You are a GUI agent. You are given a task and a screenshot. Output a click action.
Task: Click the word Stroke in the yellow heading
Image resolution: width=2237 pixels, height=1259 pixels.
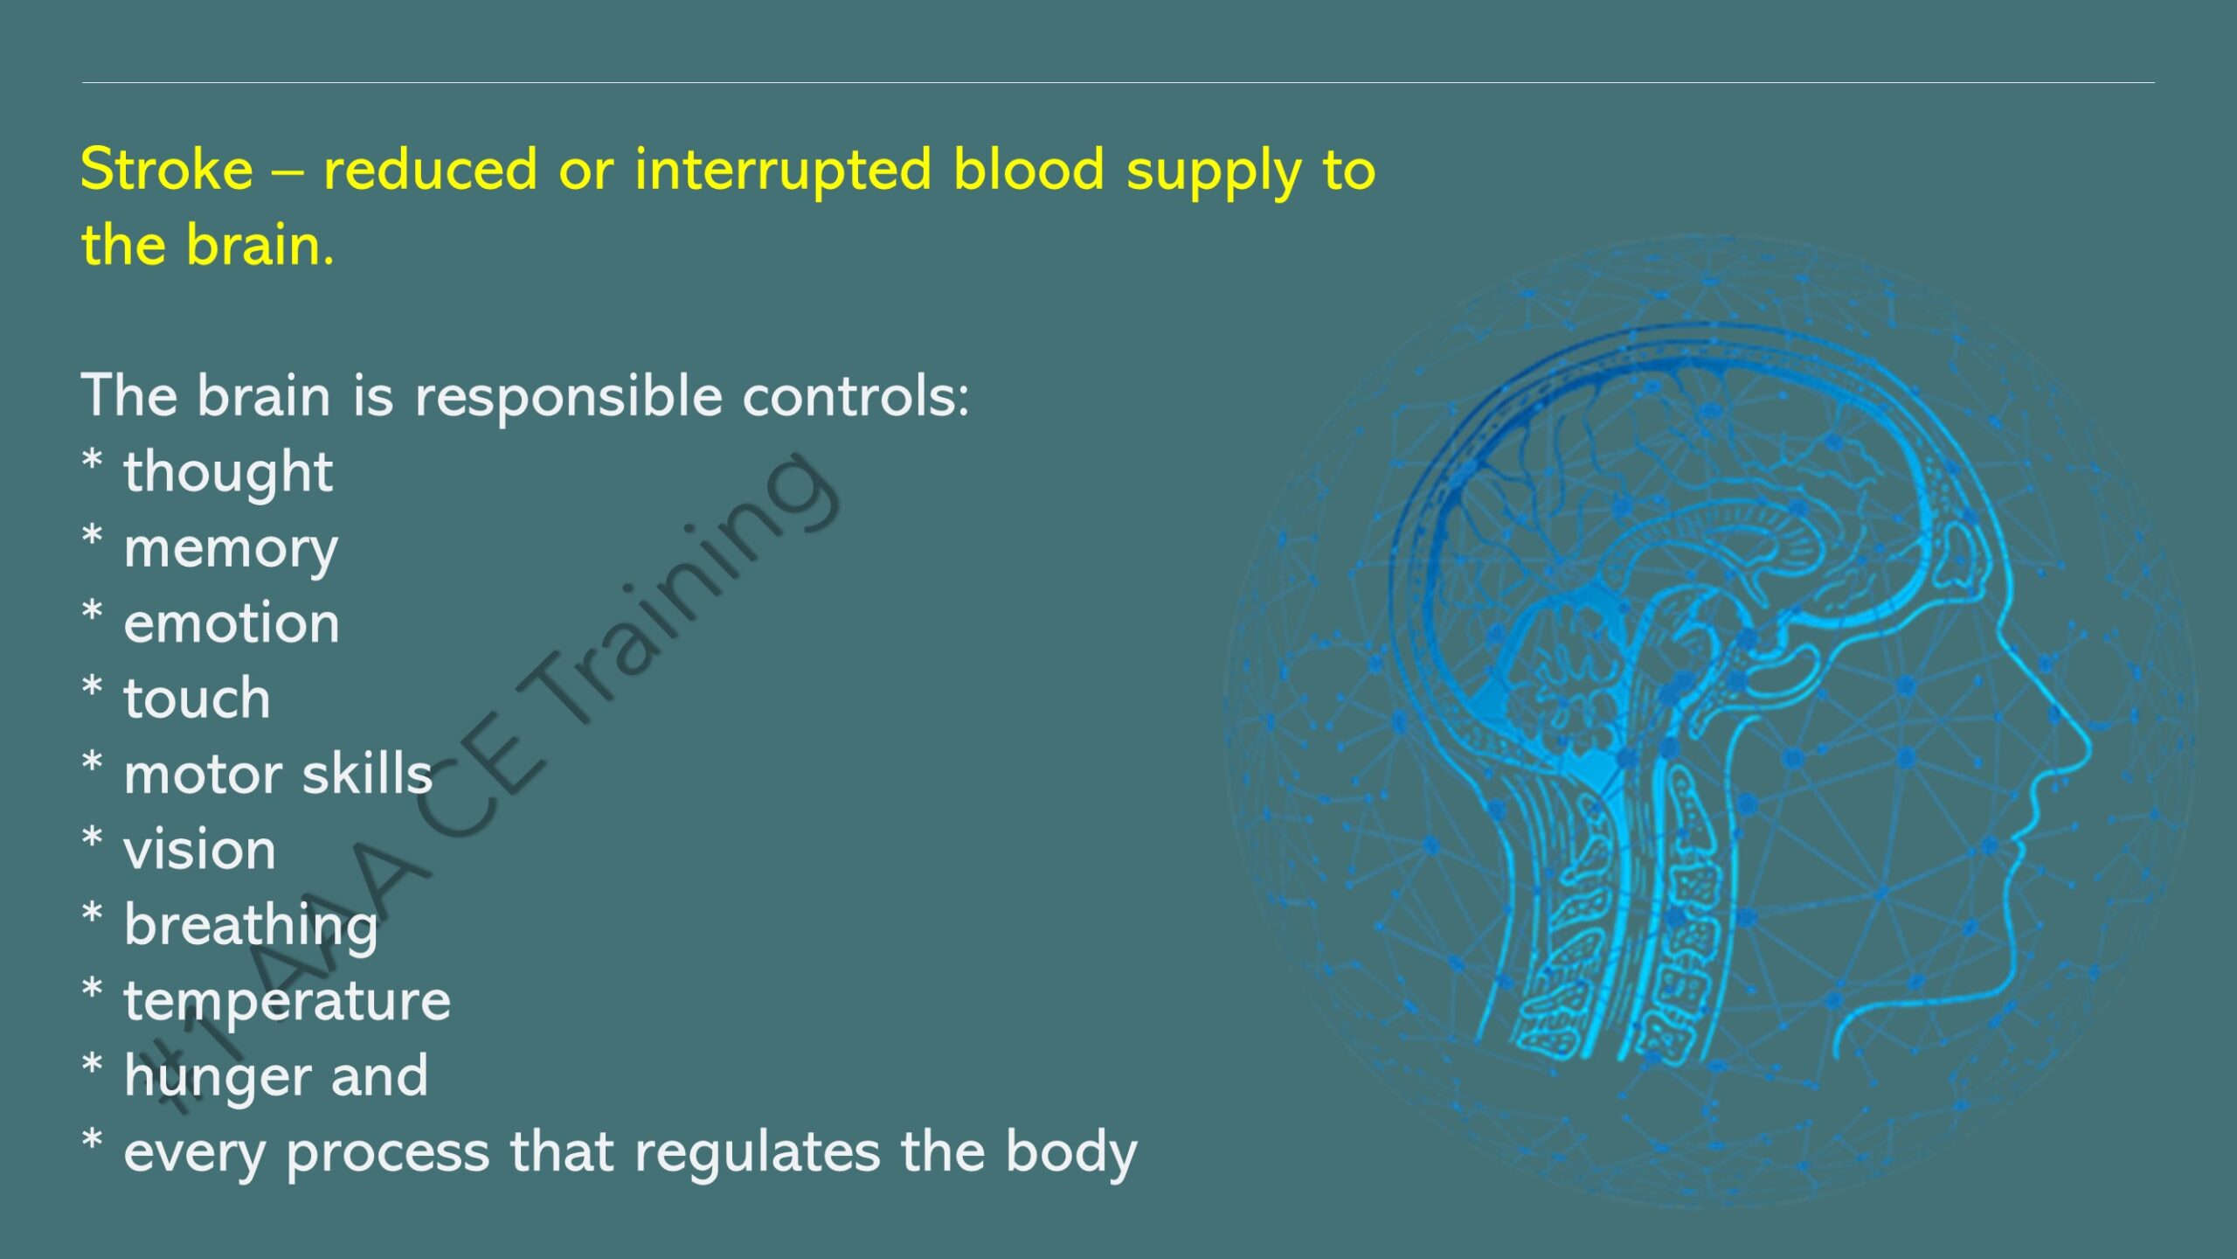166,169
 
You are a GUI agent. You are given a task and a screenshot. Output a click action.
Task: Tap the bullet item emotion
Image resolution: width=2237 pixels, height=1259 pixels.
232,623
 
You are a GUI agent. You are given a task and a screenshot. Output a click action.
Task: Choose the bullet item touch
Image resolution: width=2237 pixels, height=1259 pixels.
197,699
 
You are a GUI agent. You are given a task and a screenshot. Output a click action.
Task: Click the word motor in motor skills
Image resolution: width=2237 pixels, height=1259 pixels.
203,776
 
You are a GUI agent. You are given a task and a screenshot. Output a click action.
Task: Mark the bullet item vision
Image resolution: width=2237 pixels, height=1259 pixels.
199,849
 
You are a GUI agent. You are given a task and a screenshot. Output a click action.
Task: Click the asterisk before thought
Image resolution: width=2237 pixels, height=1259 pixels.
92,461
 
